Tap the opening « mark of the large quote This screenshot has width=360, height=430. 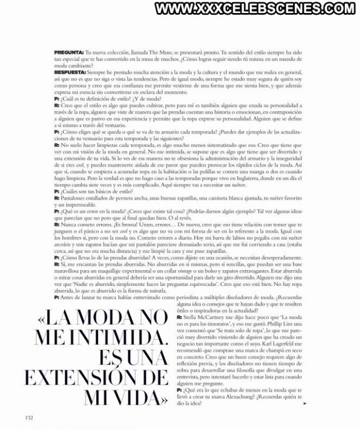(x=39, y=320)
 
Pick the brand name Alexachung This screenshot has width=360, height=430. (x=247, y=396)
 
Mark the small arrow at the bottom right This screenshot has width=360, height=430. (x=304, y=404)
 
